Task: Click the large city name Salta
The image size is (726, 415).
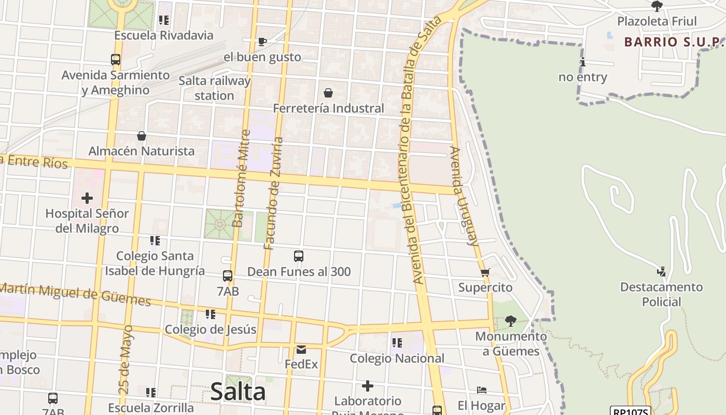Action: (238, 392)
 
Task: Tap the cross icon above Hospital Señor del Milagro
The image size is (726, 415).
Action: (87, 198)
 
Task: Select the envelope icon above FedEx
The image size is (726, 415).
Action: (301, 349)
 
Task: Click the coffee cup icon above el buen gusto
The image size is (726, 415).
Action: (262, 41)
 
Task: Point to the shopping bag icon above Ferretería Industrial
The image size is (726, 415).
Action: (328, 93)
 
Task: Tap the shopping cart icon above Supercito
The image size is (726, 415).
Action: (485, 272)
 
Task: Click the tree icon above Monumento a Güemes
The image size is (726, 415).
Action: (511, 321)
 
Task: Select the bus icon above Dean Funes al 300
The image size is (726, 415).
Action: (299, 256)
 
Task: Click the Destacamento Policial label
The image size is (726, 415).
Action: (661, 294)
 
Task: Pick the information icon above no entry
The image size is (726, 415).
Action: (583, 62)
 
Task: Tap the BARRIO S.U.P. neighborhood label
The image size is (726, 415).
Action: (673, 42)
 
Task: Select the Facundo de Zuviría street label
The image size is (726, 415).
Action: (273, 193)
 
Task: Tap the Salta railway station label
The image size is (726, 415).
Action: (215, 88)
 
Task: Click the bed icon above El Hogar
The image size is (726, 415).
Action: (481, 390)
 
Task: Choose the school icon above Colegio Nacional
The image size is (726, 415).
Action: (397, 342)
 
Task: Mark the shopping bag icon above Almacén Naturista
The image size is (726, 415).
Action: (141, 136)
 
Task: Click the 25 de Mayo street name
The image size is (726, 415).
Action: (126, 359)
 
